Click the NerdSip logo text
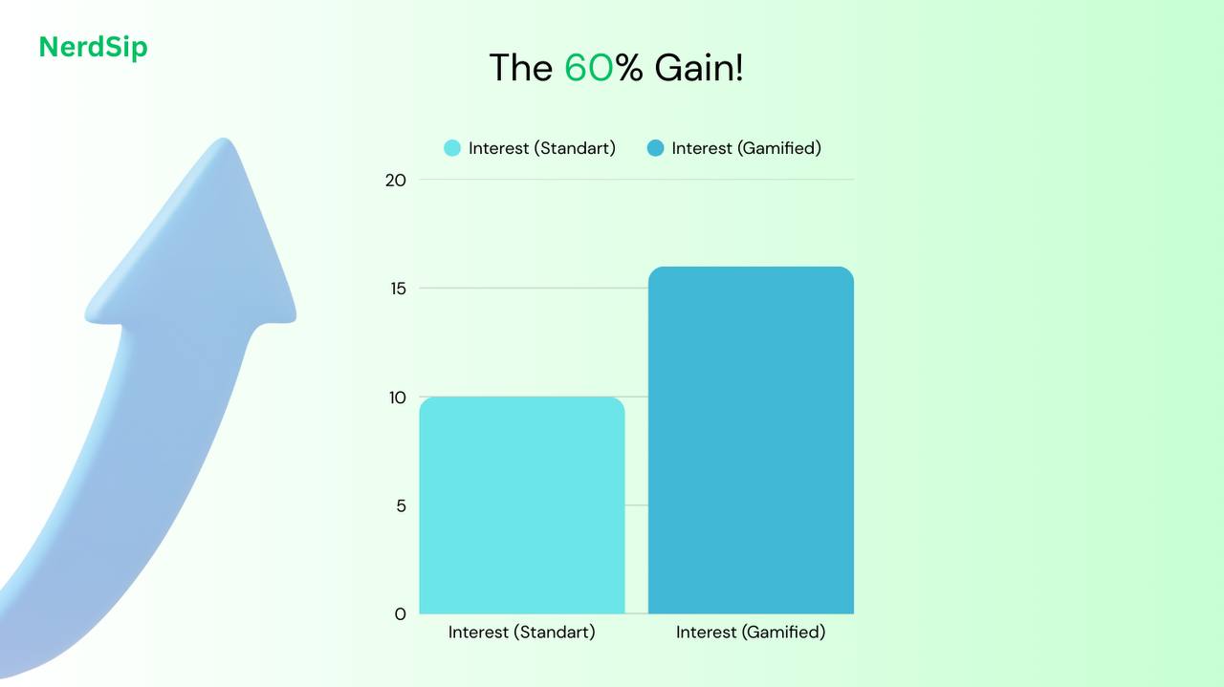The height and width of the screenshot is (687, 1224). (x=93, y=47)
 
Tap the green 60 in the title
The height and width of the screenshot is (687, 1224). (x=588, y=69)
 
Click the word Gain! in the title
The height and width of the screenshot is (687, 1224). (x=698, y=69)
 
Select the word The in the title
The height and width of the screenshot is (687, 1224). (x=520, y=69)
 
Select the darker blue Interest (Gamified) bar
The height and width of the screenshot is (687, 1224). (x=751, y=440)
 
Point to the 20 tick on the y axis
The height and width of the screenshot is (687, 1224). (x=396, y=180)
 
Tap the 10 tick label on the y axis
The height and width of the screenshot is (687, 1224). (x=397, y=397)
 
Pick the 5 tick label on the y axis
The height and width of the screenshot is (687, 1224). (x=401, y=505)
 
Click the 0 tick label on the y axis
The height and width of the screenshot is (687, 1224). (x=401, y=613)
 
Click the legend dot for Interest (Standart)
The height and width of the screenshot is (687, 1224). (x=452, y=148)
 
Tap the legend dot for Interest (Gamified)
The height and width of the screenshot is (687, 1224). (x=655, y=148)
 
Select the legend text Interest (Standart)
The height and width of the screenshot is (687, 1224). (x=541, y=148)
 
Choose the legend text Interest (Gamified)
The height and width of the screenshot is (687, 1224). (x=746, y=148)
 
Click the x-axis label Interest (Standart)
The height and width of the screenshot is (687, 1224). (x=521, y=633)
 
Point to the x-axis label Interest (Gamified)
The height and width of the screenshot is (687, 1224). (x=751, y=633)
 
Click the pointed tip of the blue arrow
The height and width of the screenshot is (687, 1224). (x=224, y=141)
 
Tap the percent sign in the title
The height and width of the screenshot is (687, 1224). (x=629, y=69)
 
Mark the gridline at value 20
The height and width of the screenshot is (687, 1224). (x=636, y=180)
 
